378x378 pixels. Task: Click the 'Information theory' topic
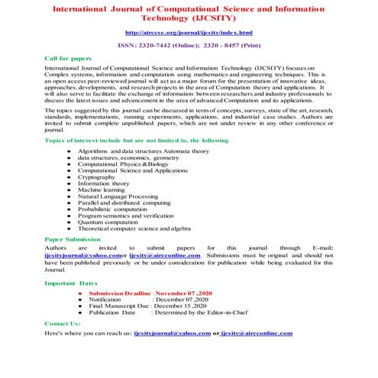(104, 183)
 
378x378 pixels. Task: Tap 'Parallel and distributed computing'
(124, 202)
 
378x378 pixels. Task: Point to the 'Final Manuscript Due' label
(119, 306)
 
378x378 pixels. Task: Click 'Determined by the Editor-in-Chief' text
(202, 313)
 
